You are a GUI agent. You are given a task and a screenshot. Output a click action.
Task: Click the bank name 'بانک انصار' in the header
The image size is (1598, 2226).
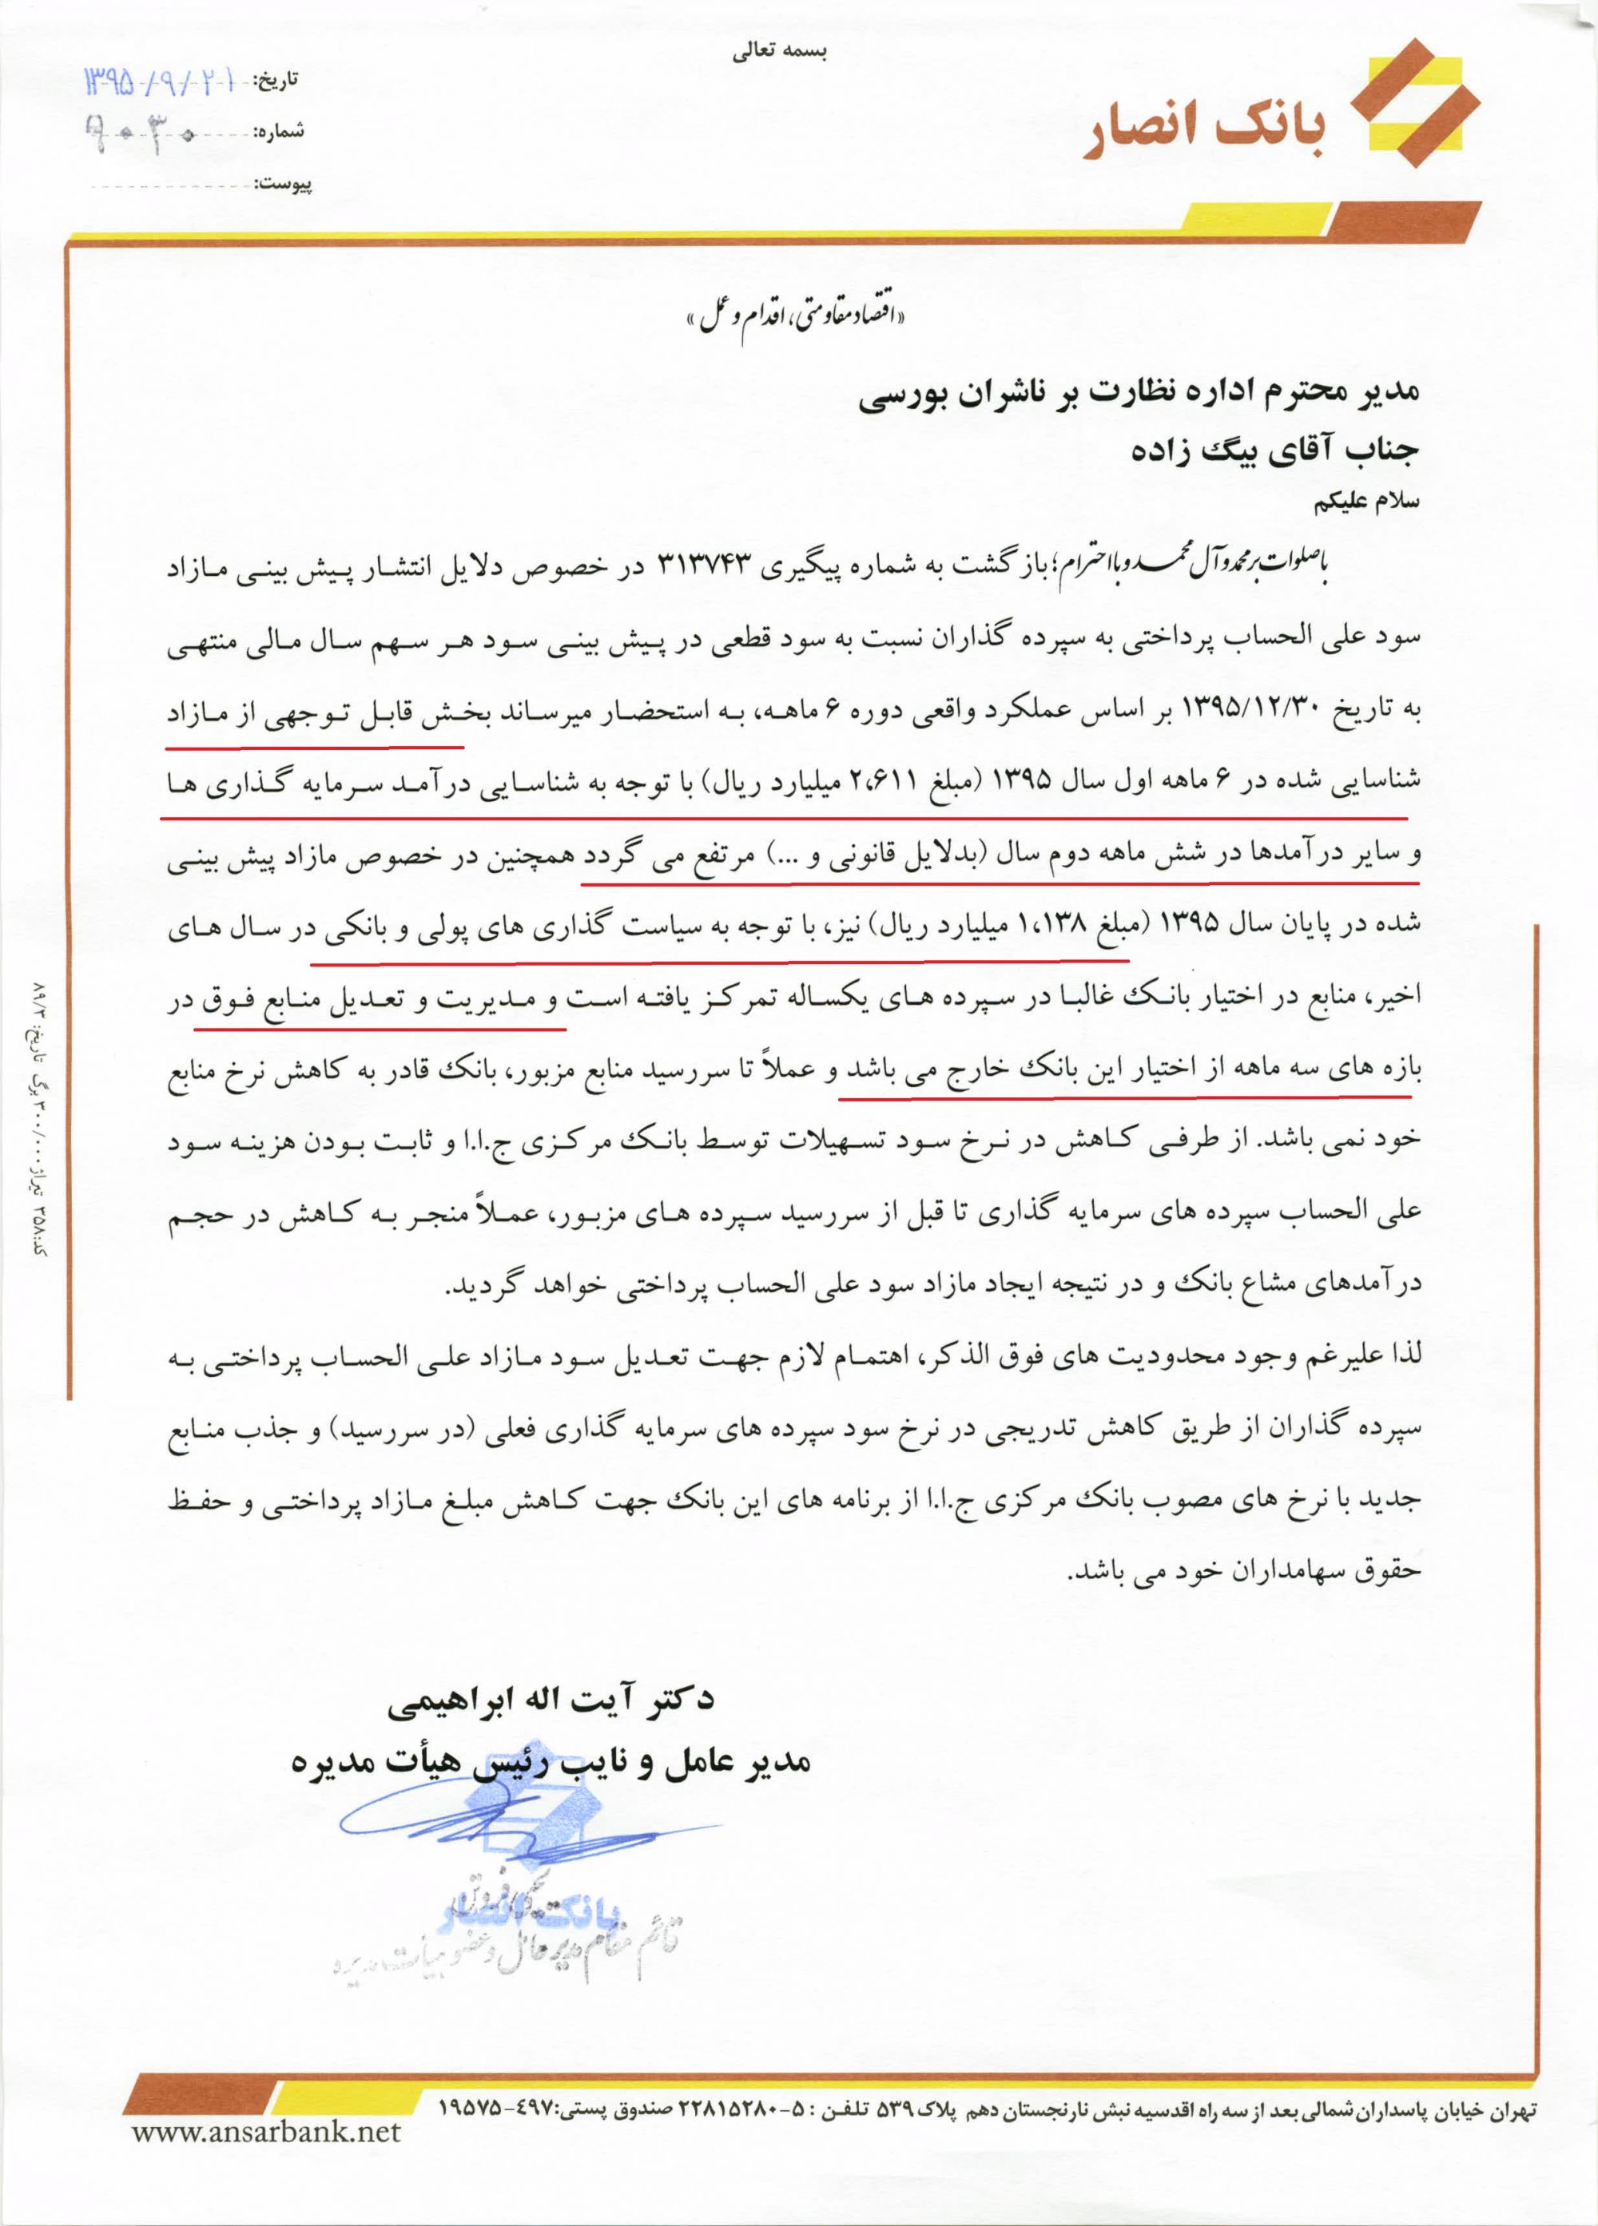point(1206,133)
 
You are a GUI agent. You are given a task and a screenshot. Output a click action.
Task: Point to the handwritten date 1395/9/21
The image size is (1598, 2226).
point(162,81)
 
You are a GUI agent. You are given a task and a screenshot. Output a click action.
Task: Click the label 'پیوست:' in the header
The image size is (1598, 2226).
point(283,184)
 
